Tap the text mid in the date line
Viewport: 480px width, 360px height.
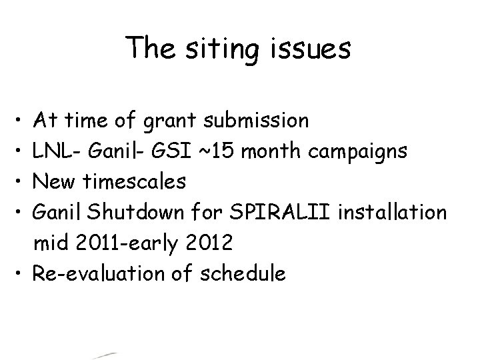(50, 243)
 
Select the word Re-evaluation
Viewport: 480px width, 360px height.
(103, 273)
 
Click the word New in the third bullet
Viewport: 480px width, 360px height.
(57, 181)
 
